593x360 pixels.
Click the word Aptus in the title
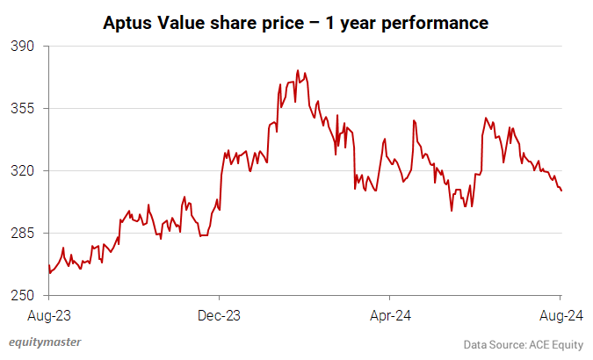[128, 21]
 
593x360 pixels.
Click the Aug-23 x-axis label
[48, 313]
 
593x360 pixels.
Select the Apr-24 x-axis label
[390, 313]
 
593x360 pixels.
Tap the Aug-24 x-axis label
[559, 313]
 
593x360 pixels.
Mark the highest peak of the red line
[298, 71]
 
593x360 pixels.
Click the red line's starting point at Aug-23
[48, 266]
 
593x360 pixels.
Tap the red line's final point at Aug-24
[561, 191]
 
